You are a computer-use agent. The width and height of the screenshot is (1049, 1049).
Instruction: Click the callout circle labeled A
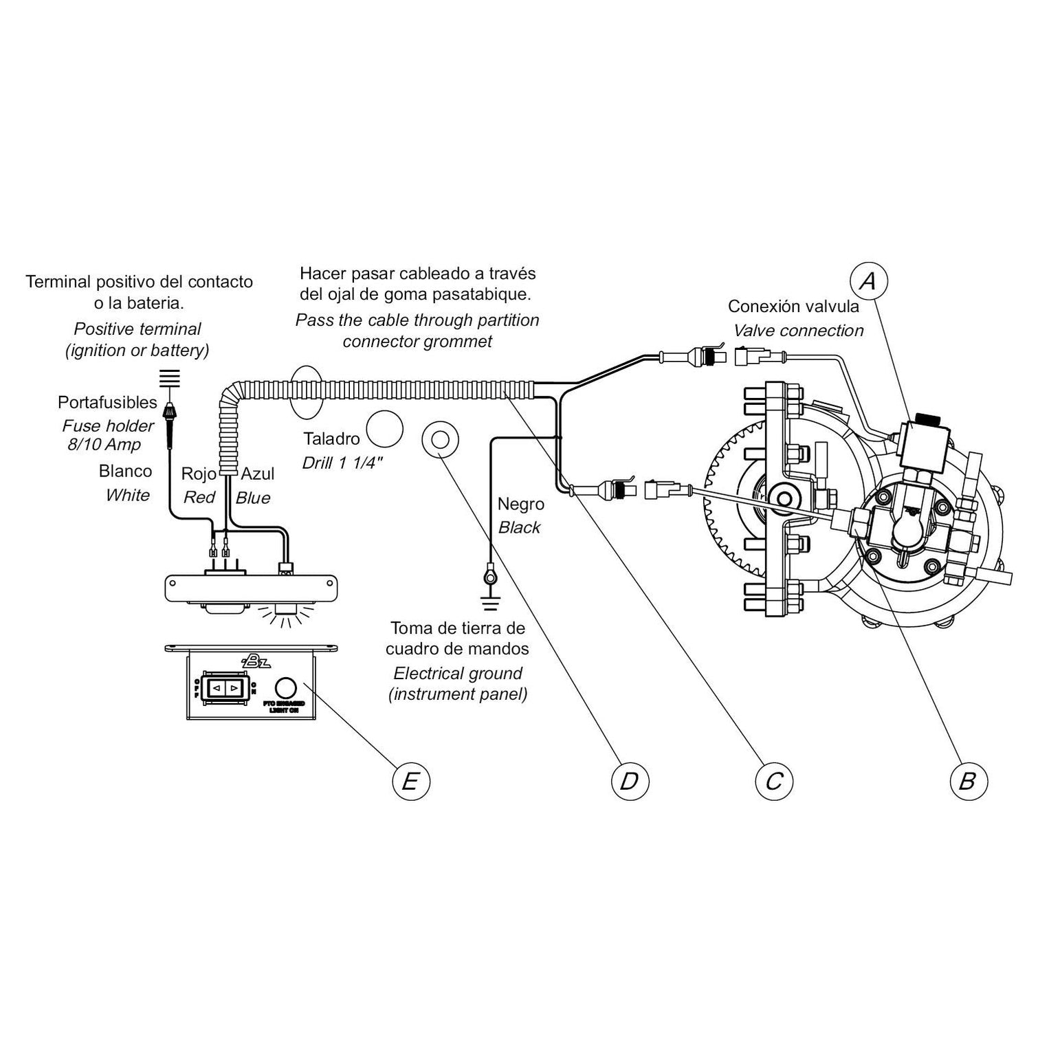[x=869, y=281]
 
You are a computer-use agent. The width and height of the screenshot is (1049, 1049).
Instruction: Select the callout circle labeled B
[x=968, y=781]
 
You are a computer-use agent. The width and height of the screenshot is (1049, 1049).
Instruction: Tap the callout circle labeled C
[x=774, y=781]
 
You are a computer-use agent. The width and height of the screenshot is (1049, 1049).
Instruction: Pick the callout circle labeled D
[x=630, y=781]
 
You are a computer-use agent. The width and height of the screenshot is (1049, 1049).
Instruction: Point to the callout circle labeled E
[x=410, y=781]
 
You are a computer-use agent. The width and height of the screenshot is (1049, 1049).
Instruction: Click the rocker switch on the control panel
[x=225, y=686]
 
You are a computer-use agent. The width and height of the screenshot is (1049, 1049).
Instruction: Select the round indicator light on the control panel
[x=285, y=687]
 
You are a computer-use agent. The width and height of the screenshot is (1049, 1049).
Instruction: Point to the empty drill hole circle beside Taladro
[x=384, y=430]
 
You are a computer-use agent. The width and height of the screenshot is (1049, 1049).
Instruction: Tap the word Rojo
[x=198, y=474]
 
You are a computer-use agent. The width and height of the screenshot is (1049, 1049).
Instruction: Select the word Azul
[x=257, y=474]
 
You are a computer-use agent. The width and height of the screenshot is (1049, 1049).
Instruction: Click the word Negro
[x=520, y=504]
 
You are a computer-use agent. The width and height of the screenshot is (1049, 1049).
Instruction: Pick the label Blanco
[x=125, y=472]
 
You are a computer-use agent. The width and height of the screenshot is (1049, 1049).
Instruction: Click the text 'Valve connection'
[x=798, y=331]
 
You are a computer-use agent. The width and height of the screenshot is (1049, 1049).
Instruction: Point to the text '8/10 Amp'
[x=104, y=445]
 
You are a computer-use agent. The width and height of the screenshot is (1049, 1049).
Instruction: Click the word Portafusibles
[x=107, y=402]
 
